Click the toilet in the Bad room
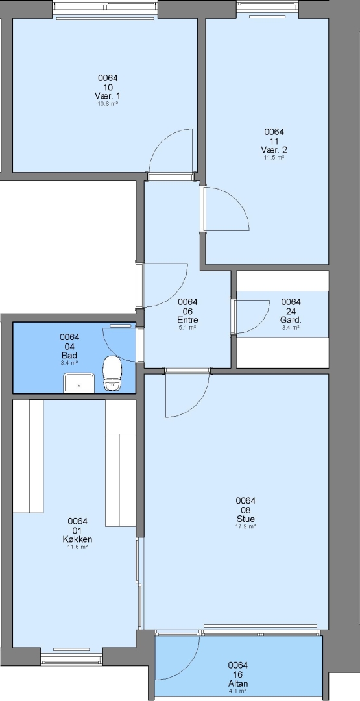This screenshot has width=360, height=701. click(112, 373)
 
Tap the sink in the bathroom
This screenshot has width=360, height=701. click(79, 383)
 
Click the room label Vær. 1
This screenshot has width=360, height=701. click(108, 96)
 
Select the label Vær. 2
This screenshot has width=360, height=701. click(274, 150)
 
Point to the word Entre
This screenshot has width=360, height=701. click(187, 320)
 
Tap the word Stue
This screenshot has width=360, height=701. click(246, 519)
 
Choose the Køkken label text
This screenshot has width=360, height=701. click(77, 539)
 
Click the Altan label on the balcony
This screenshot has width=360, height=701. click(237, 683)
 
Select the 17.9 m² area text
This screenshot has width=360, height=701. click(246, 526)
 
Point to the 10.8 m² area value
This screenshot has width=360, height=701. click(108, 104)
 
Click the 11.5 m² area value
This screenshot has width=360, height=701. click(274, 157)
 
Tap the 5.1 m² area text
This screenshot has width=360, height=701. click(187, 327)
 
